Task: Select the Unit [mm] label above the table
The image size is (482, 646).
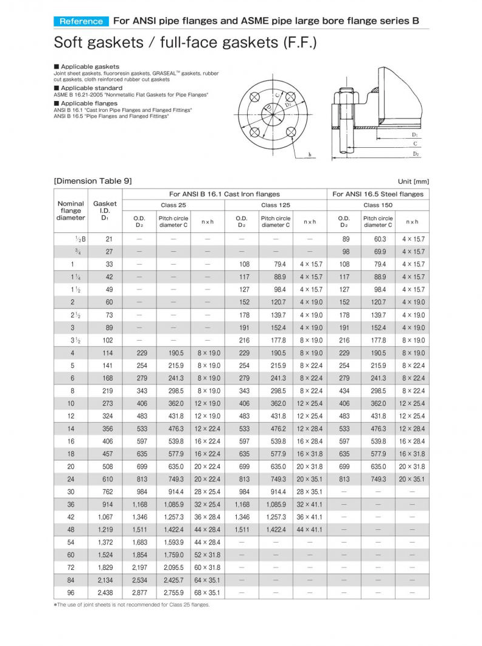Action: coord(413,181)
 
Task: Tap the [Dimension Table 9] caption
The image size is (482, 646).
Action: coord(93,181)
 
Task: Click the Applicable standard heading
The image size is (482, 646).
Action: coord(91,88)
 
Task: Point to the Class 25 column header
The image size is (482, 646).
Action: coord(173,206)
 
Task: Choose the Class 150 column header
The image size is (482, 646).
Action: coord(378,206)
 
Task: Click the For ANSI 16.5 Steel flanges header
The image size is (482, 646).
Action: coord(378,194)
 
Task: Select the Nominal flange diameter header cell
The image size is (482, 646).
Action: coord(71,210)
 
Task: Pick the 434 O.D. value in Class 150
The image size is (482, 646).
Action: coord(344,391)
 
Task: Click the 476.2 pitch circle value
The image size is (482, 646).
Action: coord(276,428)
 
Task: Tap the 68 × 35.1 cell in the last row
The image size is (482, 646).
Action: coord(208,592)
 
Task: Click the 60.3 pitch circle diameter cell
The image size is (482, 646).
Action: coord(379,239)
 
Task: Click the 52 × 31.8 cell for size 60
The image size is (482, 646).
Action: coord(208,555)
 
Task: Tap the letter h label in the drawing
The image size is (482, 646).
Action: coord(310,155)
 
